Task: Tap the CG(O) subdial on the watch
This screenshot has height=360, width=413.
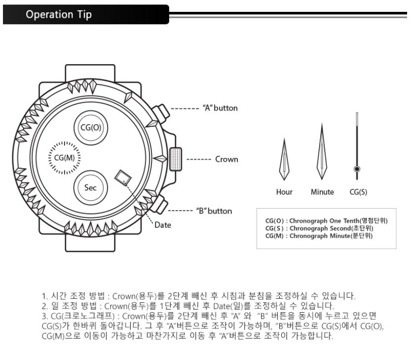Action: tap(90, 127)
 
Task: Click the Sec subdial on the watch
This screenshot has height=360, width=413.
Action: tap(90, 187)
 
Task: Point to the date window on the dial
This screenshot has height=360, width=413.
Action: tap(121, 178)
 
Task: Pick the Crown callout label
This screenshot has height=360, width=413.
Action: tap(227, 160)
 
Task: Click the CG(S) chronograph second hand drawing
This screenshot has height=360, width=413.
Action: tap(356, 145)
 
